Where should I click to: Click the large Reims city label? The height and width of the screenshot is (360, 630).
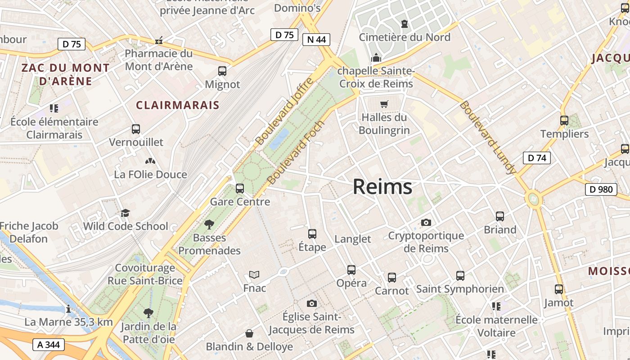[382, 187]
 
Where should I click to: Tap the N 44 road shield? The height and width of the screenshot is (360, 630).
[316, 40]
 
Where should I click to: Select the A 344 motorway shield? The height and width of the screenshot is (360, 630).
[49, 345]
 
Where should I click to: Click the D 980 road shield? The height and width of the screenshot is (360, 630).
[601, 189]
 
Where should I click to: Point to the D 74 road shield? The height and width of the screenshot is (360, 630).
[537, 158]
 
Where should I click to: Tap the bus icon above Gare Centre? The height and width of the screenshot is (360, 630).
[240, 189]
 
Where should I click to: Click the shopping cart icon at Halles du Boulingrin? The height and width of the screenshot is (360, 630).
[384, 104]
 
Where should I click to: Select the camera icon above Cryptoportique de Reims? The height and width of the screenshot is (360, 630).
[426, 223]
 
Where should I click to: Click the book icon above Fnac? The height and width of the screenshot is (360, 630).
[254, 274]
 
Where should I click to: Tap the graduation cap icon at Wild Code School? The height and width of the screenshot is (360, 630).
[125, 213]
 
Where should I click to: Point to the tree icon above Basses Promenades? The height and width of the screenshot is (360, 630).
[209, 224]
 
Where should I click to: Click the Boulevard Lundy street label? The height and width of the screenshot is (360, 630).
[488, 138]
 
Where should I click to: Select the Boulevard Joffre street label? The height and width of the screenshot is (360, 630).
[284, 111]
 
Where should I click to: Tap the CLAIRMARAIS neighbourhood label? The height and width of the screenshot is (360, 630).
[177, 105]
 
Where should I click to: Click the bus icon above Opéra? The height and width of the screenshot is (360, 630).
[351, 270]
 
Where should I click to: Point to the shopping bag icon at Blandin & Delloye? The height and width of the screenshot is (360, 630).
[249, 333]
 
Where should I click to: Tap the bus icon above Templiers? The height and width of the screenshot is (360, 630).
[564, 121]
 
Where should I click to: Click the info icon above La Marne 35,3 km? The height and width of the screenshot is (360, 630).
[68, 309]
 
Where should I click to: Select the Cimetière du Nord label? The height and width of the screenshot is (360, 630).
[404, 37]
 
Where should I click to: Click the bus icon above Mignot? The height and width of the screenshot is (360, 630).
[222, 71]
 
